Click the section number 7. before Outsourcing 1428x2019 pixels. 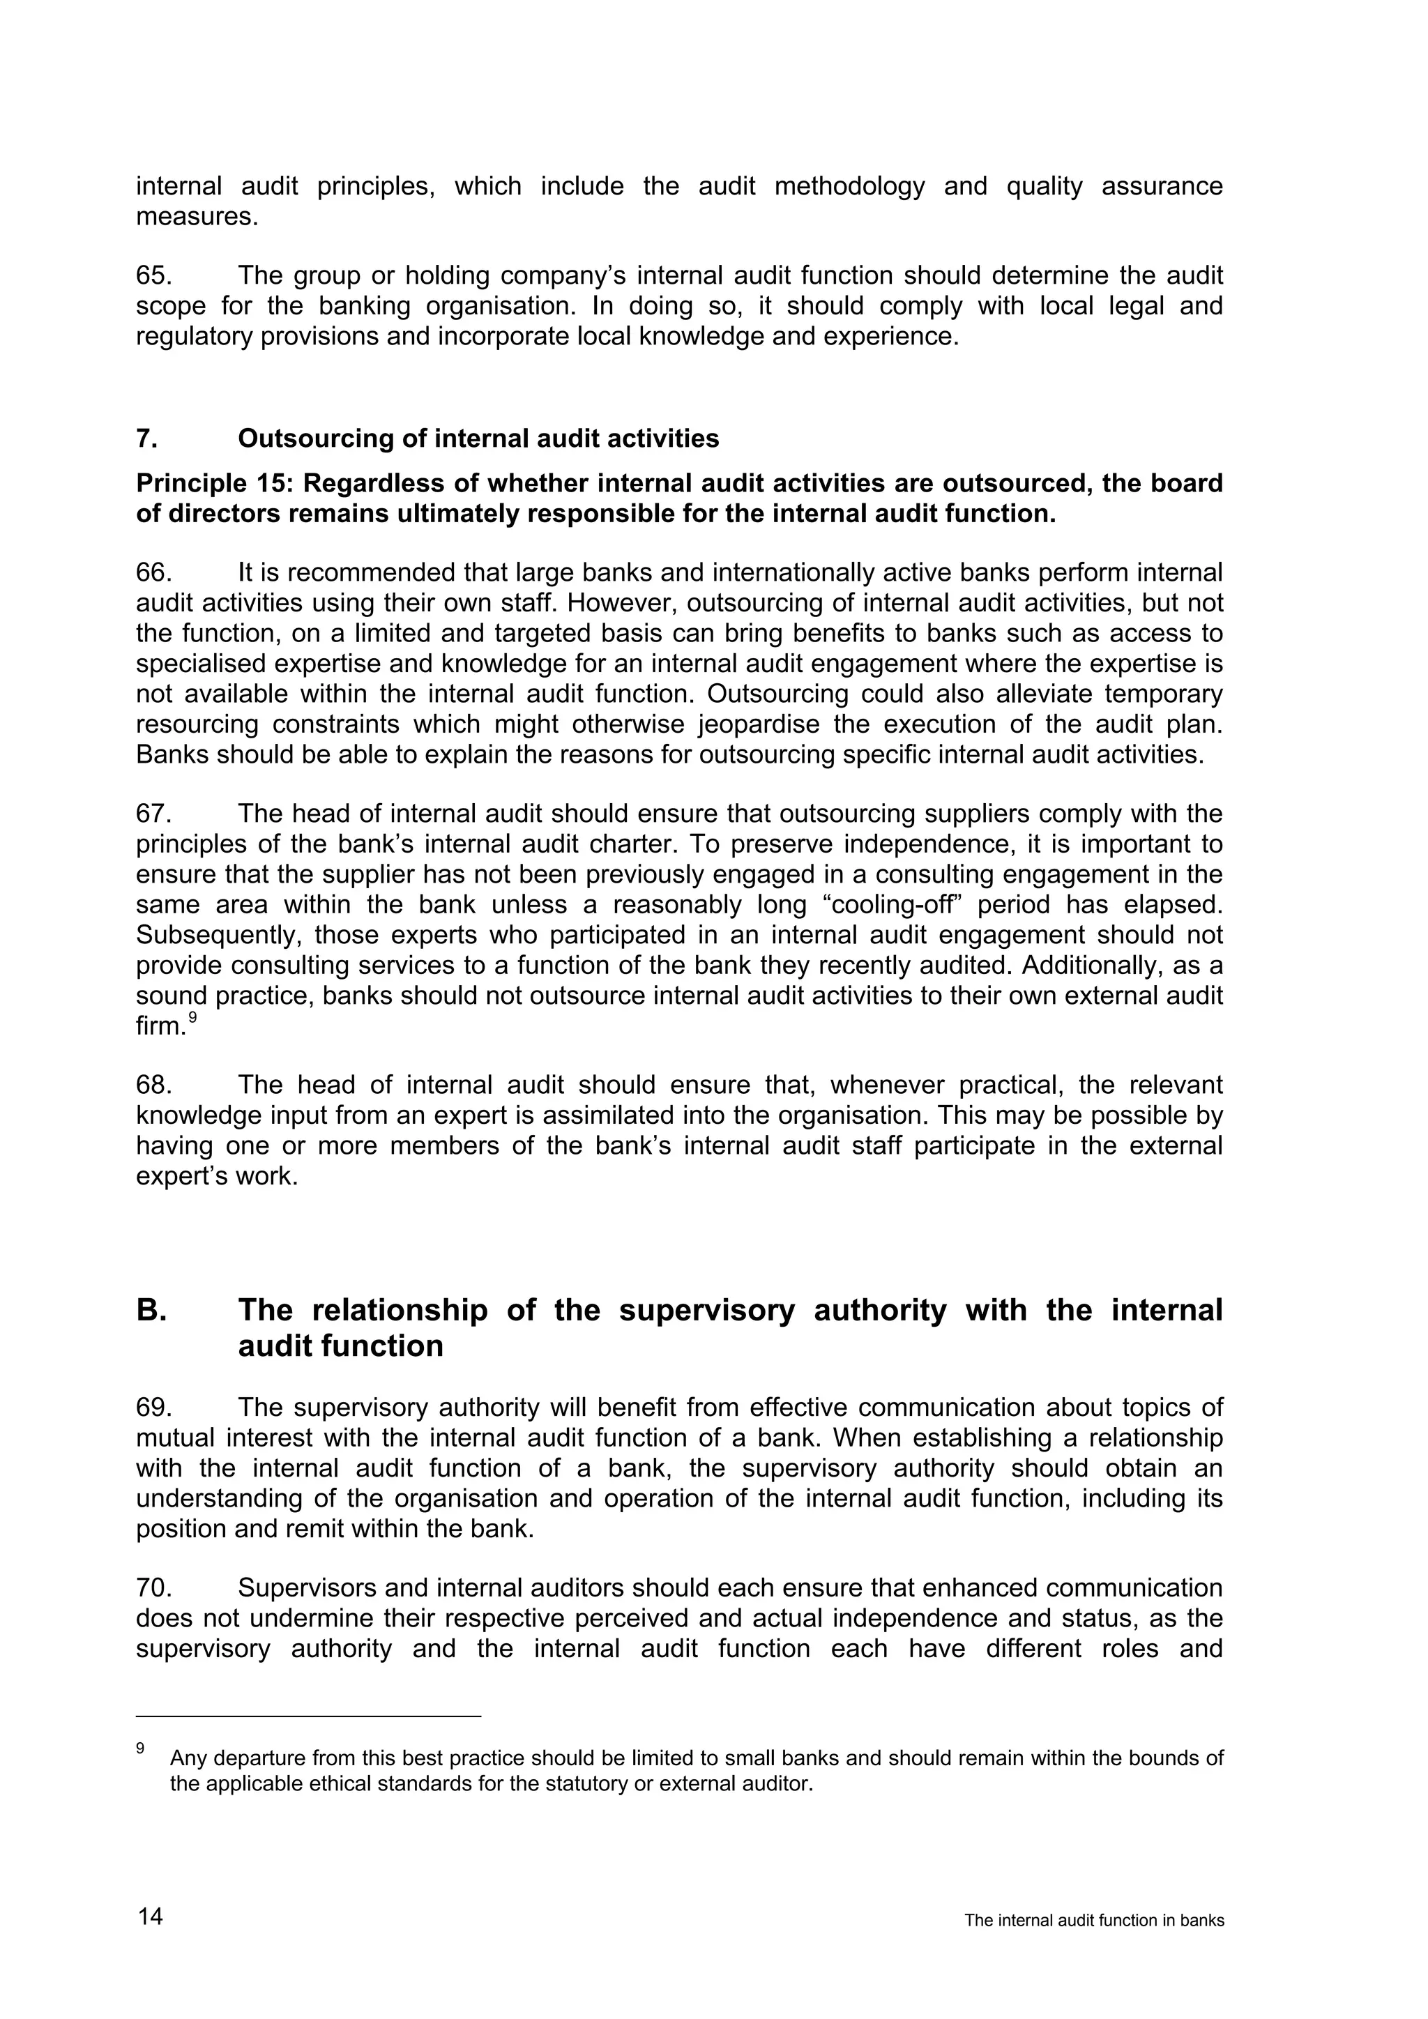(x=146, y=439)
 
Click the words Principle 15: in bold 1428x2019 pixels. (x=211, y=484)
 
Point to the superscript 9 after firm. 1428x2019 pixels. (x=192, y=1017)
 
